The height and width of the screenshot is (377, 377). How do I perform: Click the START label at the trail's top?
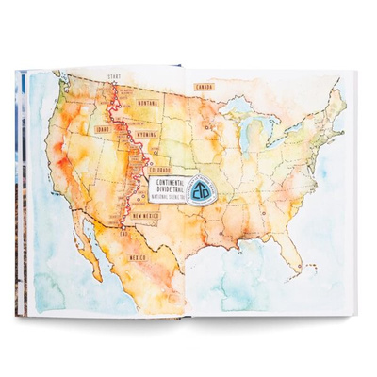point(114,74)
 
